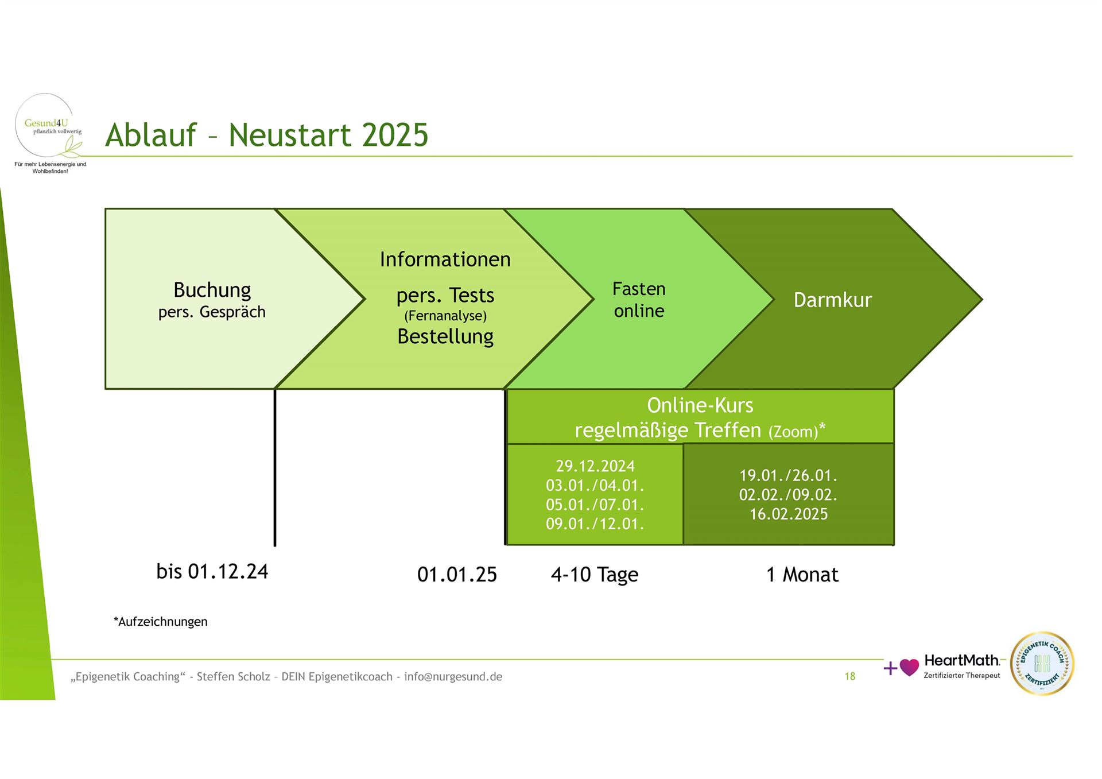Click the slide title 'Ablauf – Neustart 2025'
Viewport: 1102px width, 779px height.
pos(267,135)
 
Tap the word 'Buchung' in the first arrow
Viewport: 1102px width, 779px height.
pos(212,290)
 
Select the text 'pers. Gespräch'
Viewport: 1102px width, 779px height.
pos(212,312)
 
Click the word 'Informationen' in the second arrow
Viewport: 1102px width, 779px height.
pos(445,259)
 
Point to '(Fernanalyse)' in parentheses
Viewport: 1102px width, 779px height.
pos(445,316)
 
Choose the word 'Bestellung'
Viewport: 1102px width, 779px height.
pos(445,337)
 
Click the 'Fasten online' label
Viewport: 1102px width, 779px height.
pos(639,300)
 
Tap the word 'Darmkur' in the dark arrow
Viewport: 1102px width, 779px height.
pos(833,300)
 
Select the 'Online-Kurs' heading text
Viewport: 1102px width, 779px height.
pos(700,405)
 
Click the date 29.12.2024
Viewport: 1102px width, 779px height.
pos(595,466)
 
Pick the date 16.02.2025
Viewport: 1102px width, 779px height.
pos(789,514)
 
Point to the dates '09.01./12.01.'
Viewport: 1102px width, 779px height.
pos(595,524)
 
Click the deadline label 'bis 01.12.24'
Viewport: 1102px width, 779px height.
pos(212,572)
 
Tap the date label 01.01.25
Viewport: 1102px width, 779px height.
pos(457,575)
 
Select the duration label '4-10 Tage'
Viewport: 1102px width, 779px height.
pos(595,575)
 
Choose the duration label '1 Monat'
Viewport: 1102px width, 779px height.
pos(802,575)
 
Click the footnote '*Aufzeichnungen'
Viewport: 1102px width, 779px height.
pos(161,622)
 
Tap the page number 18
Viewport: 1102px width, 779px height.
pos(850,677)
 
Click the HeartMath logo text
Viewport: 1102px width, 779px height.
pos(962,661)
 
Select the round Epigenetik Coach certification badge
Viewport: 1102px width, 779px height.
pos(1042,664)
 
